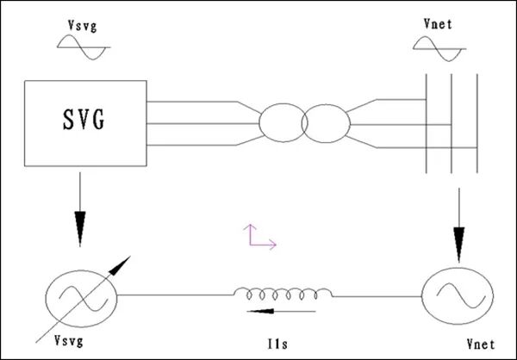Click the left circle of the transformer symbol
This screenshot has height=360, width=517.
tap(281, 123)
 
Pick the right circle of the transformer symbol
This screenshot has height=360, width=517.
tap(324, 123)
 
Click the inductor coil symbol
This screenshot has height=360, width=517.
tap(283, 294)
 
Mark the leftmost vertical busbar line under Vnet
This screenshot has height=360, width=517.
tap(427, 129)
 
